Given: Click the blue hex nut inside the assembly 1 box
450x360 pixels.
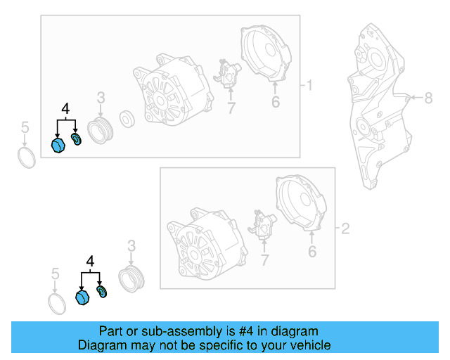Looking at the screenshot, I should click(59, 145).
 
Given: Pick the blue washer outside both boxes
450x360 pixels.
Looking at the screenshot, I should click(101, 291).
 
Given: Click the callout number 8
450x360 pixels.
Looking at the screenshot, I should click(428, 98).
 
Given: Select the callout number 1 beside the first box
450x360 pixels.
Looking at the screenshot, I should click(307, 86).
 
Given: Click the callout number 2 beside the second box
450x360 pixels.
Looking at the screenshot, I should click(345, 228).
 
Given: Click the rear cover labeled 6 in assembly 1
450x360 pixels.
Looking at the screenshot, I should click(270, 56).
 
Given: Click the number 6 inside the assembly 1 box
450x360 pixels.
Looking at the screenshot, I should click(275, 103).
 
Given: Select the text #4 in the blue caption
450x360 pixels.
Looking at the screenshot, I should click(232, 331).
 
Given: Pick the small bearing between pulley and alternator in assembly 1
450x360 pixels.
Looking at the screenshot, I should click(129, 117).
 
